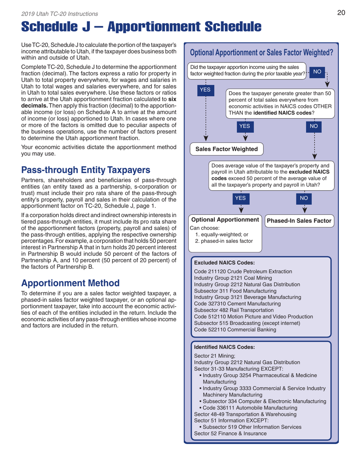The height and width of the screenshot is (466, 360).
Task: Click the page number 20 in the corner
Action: tap(341, 13)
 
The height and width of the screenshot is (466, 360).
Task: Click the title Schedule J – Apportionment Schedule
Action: tap(141, 27)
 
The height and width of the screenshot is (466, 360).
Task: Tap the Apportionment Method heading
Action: tap(70, 282)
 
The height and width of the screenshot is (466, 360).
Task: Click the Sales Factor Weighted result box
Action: tap(226, 149)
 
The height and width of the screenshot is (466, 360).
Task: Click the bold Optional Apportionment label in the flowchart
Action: tap(225, 220)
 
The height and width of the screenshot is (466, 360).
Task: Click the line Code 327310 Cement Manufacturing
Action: tap(237, 303)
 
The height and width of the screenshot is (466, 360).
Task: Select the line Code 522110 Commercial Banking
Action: tap(235, 329)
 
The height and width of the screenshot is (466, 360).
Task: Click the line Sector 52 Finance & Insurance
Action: tap(230, 433)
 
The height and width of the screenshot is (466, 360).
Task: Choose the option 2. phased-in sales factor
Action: tap(225, 241)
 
